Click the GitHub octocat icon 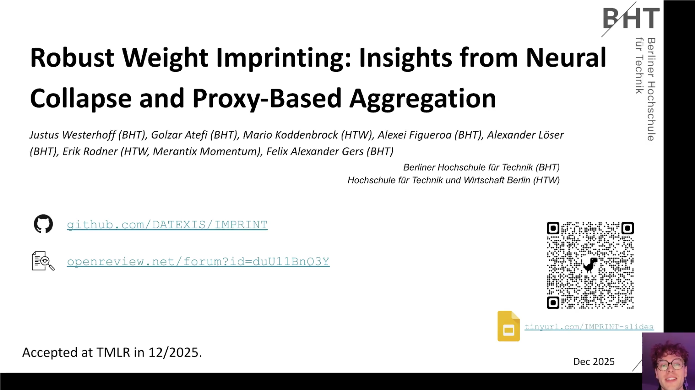43,224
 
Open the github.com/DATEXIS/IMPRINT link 167,225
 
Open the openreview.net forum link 198,261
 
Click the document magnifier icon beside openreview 43,261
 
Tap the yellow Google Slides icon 508,326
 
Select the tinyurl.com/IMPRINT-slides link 589,327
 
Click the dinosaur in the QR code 590,265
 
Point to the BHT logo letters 631,18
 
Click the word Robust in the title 72,58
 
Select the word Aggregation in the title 423,99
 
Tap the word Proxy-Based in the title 267,99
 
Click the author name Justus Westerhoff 73,135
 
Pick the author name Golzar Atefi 179,135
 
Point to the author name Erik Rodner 90,151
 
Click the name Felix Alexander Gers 315,151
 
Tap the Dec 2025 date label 594,362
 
